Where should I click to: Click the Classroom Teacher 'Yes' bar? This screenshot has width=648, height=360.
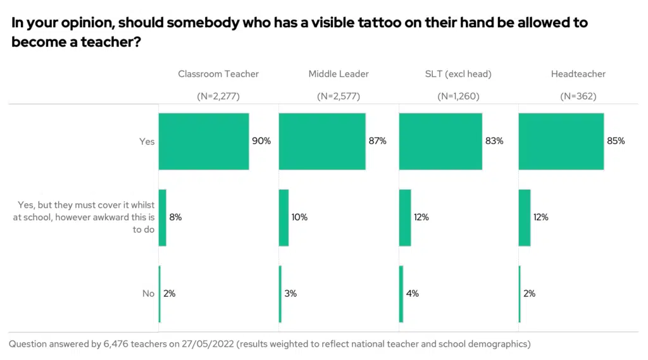point(203,141)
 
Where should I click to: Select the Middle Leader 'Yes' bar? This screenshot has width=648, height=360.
point(322,141)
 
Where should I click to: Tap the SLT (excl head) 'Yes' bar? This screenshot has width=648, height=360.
point(440,141)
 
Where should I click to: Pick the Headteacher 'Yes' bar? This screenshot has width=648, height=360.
point(561,141)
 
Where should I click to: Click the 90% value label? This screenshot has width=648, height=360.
point(261,141)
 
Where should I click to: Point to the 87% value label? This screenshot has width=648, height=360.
point(377,141)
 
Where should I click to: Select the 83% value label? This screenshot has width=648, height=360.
point(494,141)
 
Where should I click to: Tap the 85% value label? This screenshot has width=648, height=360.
point(616,141)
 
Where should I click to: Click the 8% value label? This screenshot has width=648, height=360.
point(175,217)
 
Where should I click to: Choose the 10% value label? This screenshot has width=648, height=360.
point(299,217)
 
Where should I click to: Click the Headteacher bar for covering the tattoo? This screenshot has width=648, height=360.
point(525,217)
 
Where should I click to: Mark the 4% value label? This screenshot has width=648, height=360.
point(413,294)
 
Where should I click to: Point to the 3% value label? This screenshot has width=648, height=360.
point(290,294)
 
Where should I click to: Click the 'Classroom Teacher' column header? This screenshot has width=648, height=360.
point(218,74)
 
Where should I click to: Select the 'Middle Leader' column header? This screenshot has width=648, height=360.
point(339,74)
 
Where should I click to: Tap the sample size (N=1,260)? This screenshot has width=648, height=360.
point(458,97)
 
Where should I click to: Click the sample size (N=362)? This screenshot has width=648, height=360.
point(578,97)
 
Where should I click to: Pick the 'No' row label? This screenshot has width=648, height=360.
point(148,294)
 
